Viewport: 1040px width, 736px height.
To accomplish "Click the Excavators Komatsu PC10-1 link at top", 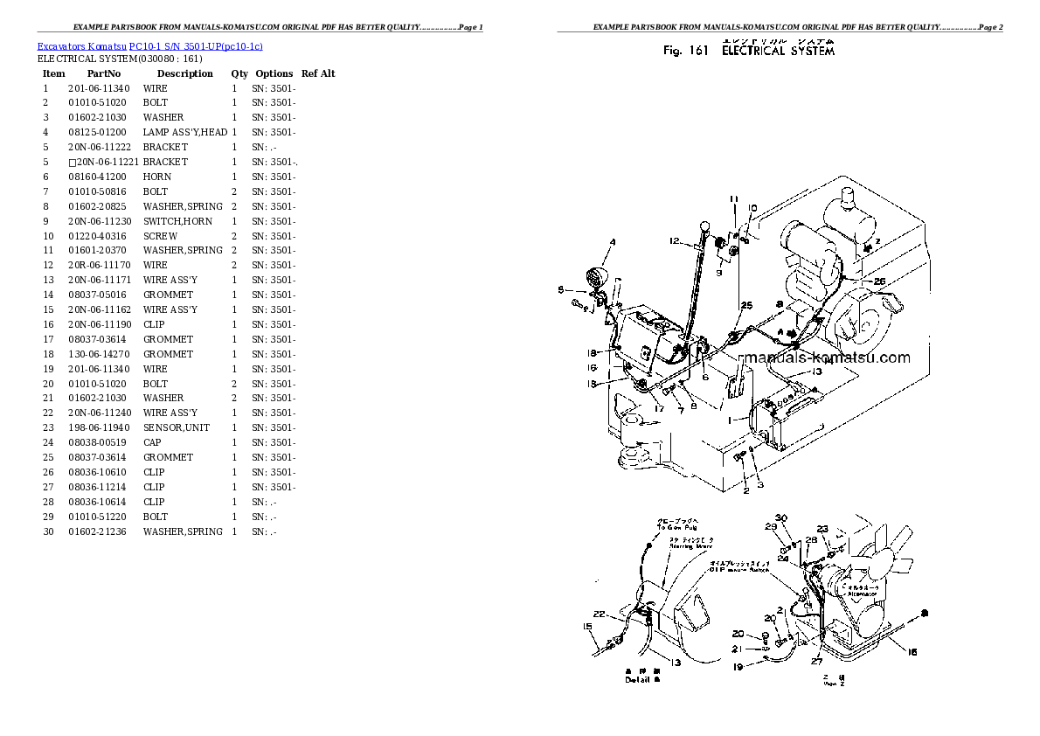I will coord(149,45).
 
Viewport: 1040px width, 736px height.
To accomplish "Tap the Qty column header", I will coord(239,73).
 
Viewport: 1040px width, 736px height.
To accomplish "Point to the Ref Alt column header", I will coord(318,73).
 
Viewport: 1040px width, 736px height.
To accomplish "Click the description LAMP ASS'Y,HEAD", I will coord(184,132).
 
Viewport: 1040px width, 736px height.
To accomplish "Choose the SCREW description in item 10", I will coord(160,236).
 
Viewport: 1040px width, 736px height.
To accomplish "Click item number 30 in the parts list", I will coord(48,531).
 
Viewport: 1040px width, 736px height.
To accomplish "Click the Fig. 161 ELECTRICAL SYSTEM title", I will coord(749,51).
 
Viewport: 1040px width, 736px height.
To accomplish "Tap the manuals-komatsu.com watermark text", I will coord(824,358).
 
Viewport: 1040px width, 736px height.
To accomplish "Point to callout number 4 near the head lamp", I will coord(612,242).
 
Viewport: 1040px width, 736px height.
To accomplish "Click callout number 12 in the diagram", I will coord(675,240).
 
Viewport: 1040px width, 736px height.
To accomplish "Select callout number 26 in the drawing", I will coord(879,281).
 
